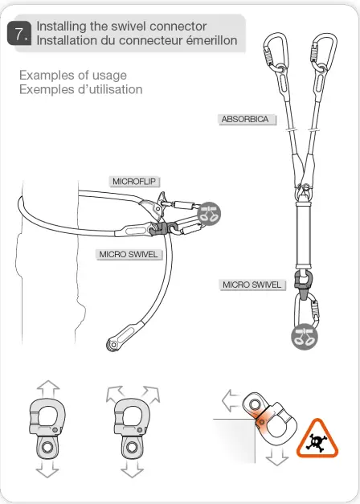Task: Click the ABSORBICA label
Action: [244, 119]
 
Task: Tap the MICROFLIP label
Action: [134, 181]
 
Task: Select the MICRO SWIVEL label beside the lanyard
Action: [252, 285]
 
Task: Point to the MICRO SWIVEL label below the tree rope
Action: [127, 255]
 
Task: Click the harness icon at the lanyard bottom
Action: [303, 335]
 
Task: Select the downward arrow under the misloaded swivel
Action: [277, 457]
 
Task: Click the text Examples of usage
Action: [73, 76]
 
